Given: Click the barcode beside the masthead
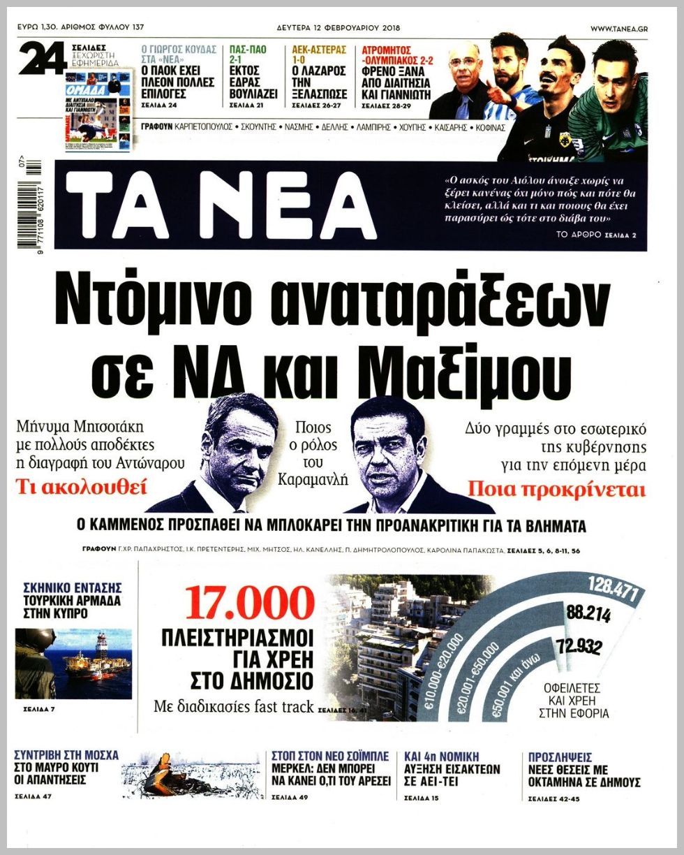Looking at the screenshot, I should [x=31, y=205].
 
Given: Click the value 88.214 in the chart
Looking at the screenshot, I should [x=588, y=615].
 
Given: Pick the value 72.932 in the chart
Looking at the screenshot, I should [x=579, y=647].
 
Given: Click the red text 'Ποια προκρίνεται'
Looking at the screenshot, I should [x=556, y=489].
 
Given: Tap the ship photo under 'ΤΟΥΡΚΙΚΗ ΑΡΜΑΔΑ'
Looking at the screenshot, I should [x=74, y=664].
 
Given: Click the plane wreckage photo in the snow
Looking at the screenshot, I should [x=193, y=776].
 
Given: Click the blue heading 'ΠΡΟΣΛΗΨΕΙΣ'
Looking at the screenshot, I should [x=560, y=757].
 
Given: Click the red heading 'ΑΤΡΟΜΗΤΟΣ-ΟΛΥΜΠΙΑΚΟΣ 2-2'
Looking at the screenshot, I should [x=397, y=55].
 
